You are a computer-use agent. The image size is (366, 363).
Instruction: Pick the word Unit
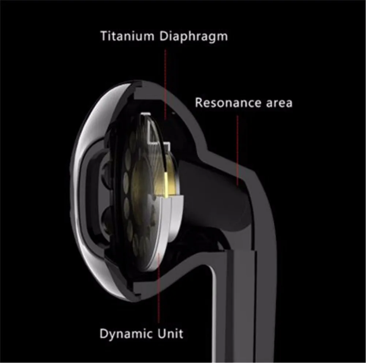coord(171,334)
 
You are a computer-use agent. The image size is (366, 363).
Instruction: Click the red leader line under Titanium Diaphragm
coord(165,81)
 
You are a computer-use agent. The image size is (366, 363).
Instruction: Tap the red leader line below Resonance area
coord(238,147)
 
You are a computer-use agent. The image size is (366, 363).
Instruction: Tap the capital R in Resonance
coord(199,103)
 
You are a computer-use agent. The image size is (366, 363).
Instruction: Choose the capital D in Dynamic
coord(104,334)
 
